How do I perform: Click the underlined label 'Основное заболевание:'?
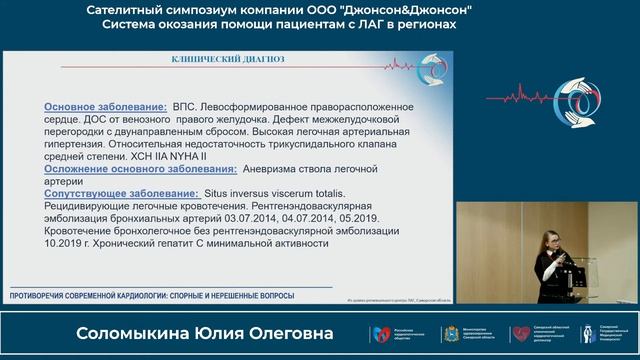pyautogui.click(x=105, y=105)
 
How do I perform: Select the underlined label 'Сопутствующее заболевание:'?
pyautogui.click(x=120, y=192)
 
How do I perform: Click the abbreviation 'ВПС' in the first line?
pyautogui.click(x=185, y=105)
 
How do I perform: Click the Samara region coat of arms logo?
pyautogui.click(x=449, y=333)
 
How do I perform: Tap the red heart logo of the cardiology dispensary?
pyautogui.click(x=520, y=333)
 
